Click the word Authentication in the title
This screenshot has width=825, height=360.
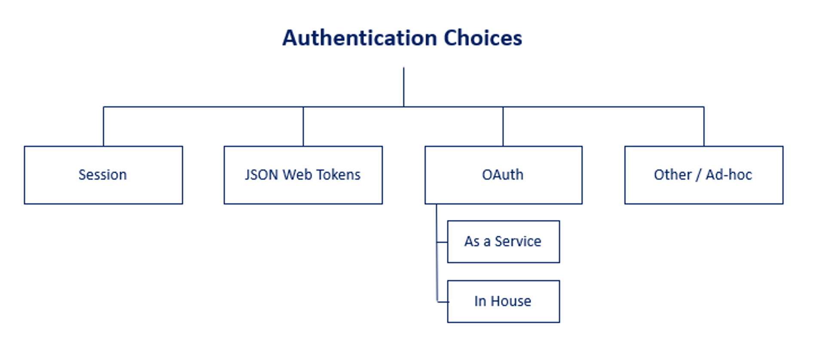(360, 38)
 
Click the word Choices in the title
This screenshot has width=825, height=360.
(483, 38)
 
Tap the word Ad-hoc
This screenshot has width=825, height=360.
(729, 175)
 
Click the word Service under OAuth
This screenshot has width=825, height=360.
(518, 241)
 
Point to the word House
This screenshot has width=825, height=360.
(511, 301)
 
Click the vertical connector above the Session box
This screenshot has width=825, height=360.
(104, 127)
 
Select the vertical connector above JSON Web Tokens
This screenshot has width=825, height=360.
(303, 127)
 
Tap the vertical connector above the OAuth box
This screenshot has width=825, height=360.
(503, 127)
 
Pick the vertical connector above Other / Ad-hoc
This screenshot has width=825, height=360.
(704, 127)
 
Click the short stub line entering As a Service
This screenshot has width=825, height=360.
(442, 242)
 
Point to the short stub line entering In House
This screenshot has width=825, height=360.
(443, 302)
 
